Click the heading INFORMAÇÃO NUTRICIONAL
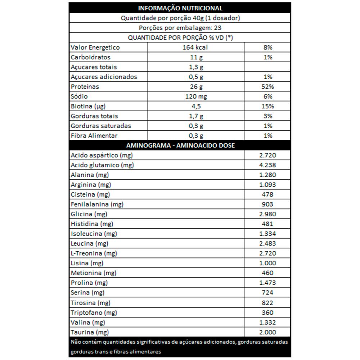click(x=180, y=8)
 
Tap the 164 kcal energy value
click(x=195, y=48)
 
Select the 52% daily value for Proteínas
click(x=267, y=87)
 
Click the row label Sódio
click(x=79, y=96)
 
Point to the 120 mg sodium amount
click(x=195, y=96)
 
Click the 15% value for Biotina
click(x=267, y=106)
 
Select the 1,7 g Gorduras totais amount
click(x=195, y=116)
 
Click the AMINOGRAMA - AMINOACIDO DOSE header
click(x=180, y=145)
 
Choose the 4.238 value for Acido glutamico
click(x=267, y=165)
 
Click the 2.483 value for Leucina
click(x=267, y=244)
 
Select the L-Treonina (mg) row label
click(x=94, y=253)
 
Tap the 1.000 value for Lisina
click(x=267, y=263)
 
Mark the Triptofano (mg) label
click(x=94, y=312)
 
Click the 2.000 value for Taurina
click(x=267, y=332)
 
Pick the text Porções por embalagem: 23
click(x=180, y=28)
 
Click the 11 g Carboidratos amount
click(x=195, y=57)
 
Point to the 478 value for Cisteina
click(x=267, y=194)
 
